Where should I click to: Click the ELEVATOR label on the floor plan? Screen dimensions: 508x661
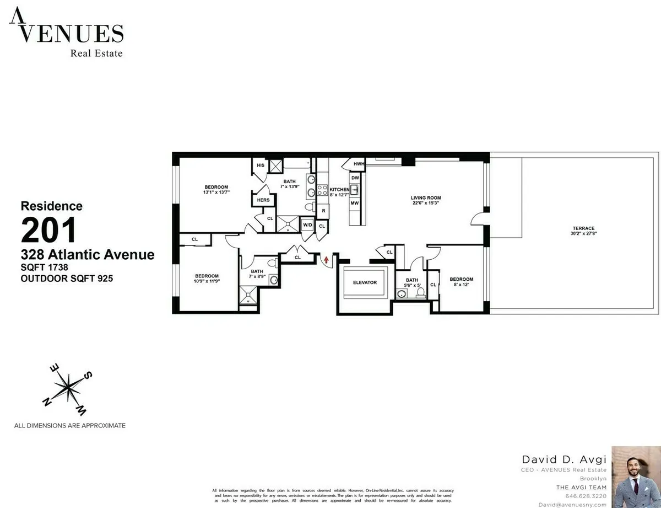(x=365, y=282)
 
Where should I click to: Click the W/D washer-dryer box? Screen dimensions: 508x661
(x=307, y=225)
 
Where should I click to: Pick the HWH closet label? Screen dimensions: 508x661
(x=359, y=164)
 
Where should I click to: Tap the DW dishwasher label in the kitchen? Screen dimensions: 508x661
(x=355, y=178)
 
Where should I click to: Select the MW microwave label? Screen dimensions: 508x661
(x=355, y=203)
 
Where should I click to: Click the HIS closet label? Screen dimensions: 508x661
(x=260, y=165)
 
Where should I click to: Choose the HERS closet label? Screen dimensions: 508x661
(x=263, y=200)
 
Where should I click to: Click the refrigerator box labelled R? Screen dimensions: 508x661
(x=322, y=211)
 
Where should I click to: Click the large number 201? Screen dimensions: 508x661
(x=48, y=231)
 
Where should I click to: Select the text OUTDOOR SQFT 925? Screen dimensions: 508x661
(x=67, y=279)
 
